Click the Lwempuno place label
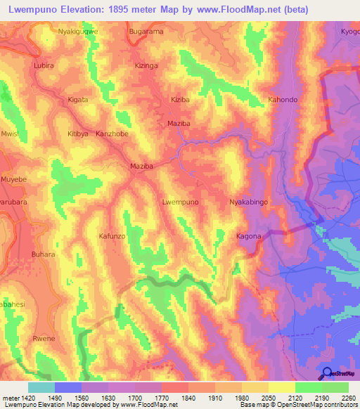coord(181,202)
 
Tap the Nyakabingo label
coord(250,202)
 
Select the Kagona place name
coord(249,236)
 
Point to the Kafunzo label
coord(112,236)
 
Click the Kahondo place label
coord(283,100)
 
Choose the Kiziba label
coord(181,100)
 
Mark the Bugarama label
coord(146,32)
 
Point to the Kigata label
coord(77,100)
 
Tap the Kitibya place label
coord(77,134)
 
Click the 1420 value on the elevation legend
coord(20,398)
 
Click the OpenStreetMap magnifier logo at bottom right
coord(326,374)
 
